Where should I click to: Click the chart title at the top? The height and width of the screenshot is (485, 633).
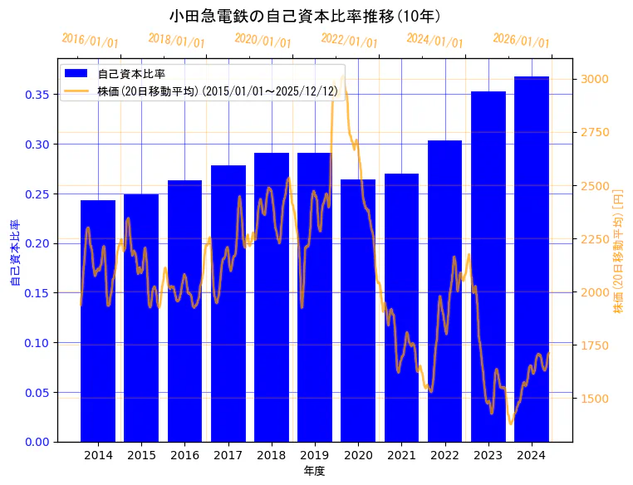(x=305, y=16)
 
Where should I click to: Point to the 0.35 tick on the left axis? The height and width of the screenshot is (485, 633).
(x=37, y=95)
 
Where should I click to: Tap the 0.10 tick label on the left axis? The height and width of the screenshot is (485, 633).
(x=37, y=343)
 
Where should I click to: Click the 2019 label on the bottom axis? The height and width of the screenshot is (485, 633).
(x=315, y=455)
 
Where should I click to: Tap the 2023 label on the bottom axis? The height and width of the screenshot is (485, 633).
(x=488, y=455)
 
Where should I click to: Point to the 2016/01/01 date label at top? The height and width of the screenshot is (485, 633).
(x=91, y=41)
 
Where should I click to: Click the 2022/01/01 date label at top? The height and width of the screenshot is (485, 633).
(x=349, y=41)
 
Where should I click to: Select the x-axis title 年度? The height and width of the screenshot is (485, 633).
(x=315, y=471)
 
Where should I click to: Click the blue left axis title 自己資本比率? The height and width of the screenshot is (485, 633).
(x=14, y=253)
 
